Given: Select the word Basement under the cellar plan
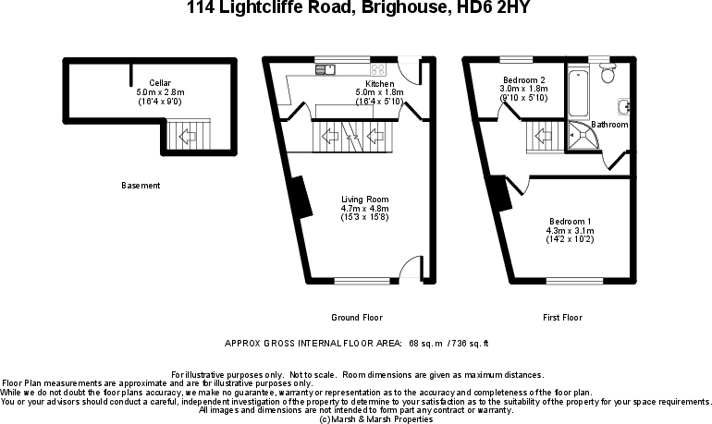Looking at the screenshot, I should pos(141,186).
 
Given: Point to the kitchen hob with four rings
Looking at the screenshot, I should pos(378,68).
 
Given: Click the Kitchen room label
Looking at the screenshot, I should pos(380,83).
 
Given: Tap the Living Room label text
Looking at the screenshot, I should pos(364,200).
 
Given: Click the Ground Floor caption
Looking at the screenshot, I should pos(357,318).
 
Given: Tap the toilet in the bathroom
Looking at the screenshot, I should pos(607,73).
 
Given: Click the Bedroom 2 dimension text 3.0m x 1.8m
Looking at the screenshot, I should pos(524,89).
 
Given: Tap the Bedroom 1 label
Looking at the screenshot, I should pos(571,221).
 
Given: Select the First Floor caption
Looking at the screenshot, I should pos(562,318).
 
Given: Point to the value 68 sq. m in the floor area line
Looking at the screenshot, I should pos(422,343).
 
